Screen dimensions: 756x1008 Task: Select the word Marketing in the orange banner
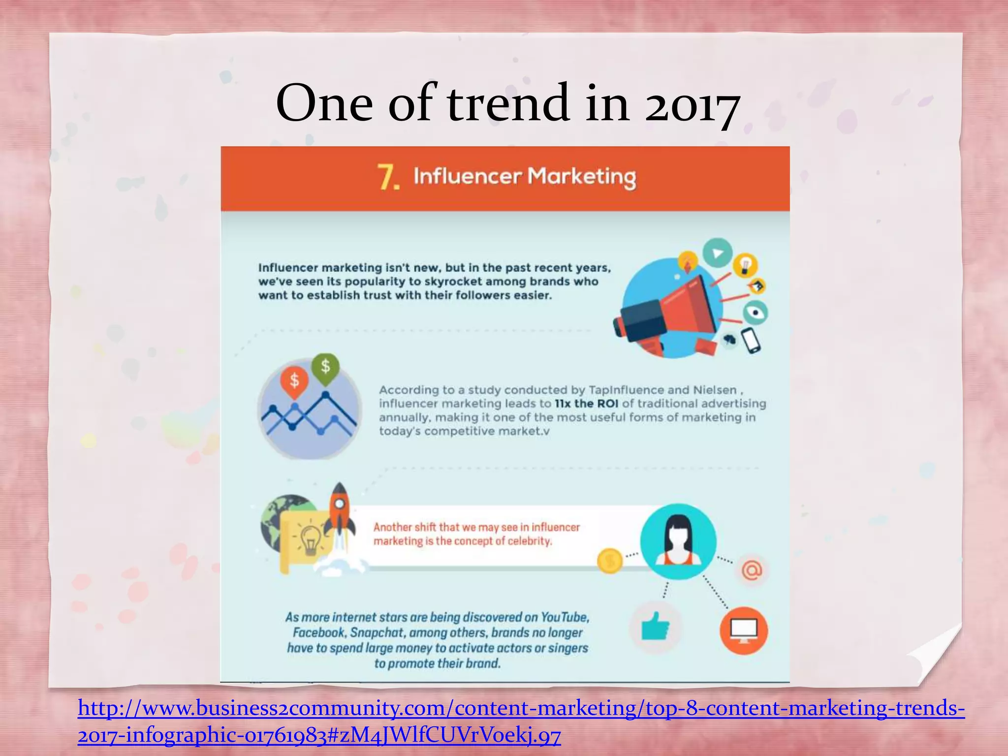(582, 177)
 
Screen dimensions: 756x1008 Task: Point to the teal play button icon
(717, 253)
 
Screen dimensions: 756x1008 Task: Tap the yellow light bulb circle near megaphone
(745, 265)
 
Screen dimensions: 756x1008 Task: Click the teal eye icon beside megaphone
(755, 312)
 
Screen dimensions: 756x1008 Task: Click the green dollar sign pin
(325, 367)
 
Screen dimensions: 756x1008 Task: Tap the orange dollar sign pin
(294, 380)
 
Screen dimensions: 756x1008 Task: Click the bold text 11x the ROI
(586, 404)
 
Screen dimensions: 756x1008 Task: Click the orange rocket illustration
(339, 512)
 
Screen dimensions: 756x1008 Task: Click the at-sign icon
(752, 570)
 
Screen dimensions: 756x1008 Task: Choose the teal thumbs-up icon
(655, 627)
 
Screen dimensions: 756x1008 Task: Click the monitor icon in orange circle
(743, 630)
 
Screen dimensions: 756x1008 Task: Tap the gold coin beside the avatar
(609, 561)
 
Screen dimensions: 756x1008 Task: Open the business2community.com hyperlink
(521, 709)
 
